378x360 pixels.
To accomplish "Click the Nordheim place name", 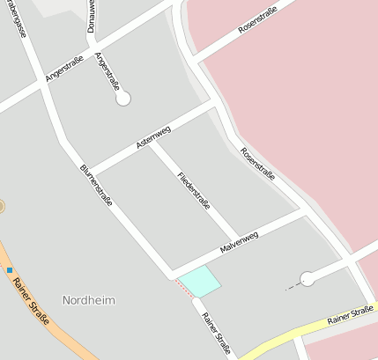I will [x=89, y=299].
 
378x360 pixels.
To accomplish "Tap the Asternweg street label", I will [x=153, y=136].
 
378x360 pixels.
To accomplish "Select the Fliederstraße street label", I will [x=194, y=191].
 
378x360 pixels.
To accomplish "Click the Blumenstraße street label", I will [x=96, y=185].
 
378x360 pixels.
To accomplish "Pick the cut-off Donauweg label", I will [x=91, y=17].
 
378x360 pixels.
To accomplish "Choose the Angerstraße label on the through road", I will [x=63, y=67].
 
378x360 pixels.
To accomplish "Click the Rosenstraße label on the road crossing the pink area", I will [x=257, y=19].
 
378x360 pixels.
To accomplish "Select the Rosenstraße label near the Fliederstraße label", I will [x=257, y=165].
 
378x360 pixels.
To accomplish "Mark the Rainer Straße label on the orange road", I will [x=32, y=301].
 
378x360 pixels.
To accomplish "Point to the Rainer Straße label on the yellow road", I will [x=350, y=315].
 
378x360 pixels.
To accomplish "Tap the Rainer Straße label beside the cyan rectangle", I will [x=216, y=334].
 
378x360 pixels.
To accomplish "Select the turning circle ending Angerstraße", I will [x=123, y=99].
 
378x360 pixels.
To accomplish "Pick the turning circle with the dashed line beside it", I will [x=307, y=279].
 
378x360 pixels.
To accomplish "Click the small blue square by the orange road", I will [x=10, y=269].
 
